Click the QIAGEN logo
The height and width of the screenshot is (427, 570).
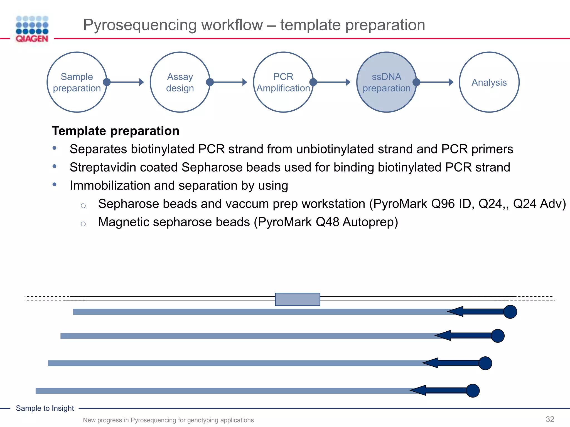[32, 29]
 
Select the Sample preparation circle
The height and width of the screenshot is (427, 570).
[77, 82]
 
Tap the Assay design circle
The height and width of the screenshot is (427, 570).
[180, 82]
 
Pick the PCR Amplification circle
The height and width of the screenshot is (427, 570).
[283, 82]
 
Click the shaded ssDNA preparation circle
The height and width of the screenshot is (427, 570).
[386, 82]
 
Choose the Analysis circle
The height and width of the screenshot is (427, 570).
[489, 82]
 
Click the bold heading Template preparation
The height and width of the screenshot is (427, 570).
[116, 131]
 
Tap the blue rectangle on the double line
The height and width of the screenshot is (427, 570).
[297, 299]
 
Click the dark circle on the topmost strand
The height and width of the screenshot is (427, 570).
[510, 312]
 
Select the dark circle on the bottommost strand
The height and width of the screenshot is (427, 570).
[473, 391]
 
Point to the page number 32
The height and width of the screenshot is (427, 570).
[550, 419]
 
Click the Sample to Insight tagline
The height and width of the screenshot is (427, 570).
[45, 408]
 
